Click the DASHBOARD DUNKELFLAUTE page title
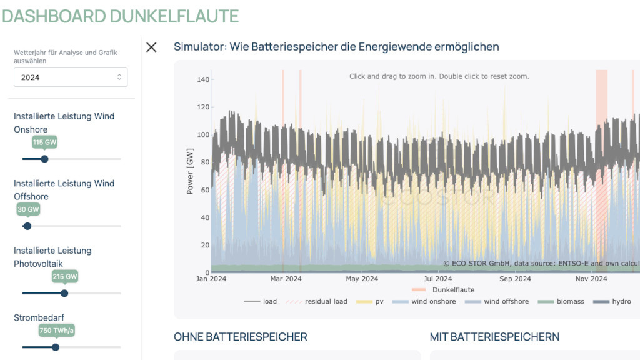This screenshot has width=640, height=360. tap(120, 16)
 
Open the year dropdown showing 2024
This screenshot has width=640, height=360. tap(71, 77)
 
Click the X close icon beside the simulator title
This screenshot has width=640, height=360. tap(151, 47)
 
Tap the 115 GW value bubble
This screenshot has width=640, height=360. tap(44, 142)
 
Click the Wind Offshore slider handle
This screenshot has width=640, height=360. tap(27, 226)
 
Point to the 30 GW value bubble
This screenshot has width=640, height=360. tap(28, 209)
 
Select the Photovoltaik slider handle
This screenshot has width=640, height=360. tap(64, 293)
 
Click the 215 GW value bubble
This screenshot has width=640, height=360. tap(64, 276)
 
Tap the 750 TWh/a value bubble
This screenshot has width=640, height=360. tap(56, 331)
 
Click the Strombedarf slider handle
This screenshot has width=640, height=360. tap(56, 347)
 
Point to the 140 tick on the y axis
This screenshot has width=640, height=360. tap(202, 79)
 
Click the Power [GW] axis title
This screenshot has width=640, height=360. tap(190, 171)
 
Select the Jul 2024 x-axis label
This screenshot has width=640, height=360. tap(437, 279)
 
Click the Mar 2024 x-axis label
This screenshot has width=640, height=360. tap(285, 279)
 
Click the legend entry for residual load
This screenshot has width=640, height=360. tap(319, 301)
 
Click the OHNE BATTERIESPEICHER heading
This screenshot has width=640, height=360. tap(241, 337)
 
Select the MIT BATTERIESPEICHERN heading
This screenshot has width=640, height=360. tap(494, 337)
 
